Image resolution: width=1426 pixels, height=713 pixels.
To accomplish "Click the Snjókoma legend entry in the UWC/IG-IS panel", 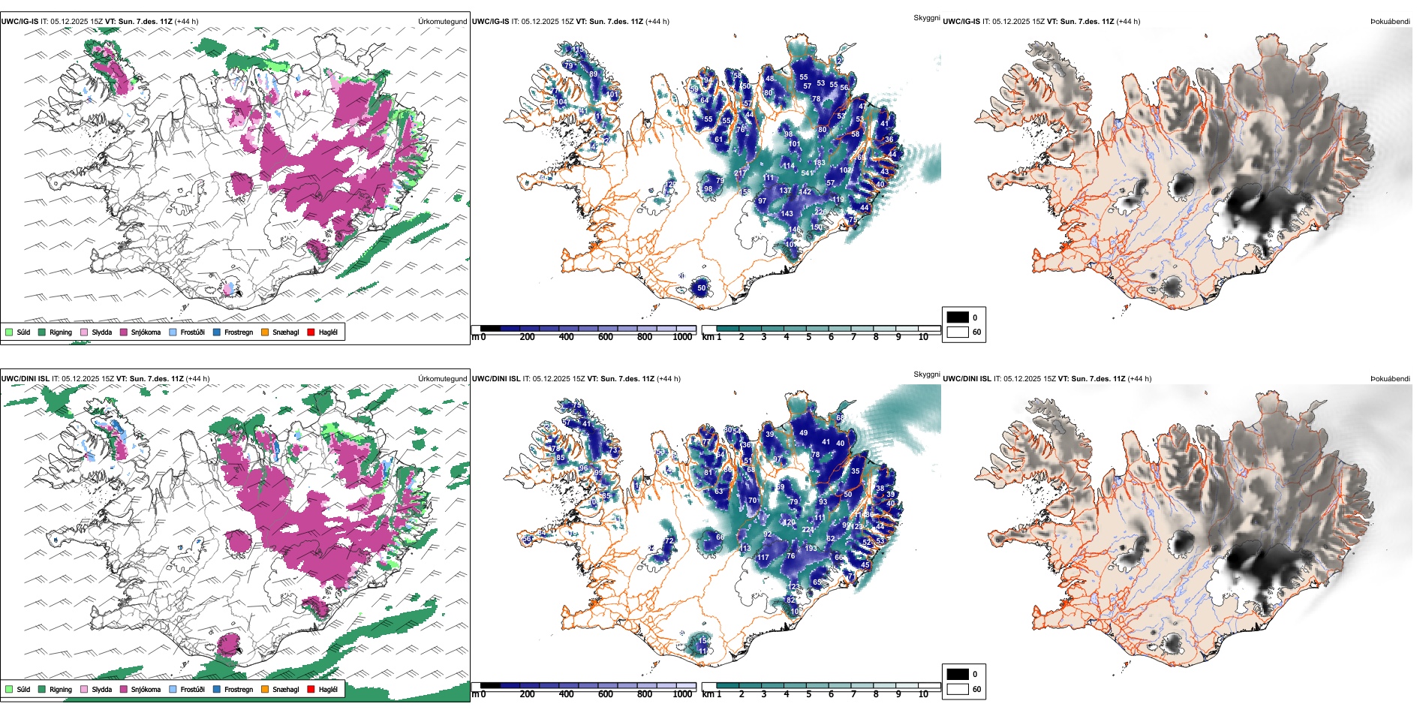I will point(146,332).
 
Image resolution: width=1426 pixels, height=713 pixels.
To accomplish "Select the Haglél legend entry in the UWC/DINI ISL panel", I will point(328,689).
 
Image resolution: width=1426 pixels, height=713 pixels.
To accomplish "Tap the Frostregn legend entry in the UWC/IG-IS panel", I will point(239,332).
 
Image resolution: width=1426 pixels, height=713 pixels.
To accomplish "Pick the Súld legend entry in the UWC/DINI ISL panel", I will point(23,689).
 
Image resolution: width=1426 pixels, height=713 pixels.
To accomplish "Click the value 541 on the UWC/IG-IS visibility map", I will point(808,173).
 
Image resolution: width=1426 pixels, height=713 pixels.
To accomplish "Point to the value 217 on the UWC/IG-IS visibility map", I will point(740,173).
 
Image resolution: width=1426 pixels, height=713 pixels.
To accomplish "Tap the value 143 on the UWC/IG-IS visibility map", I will point(787,214).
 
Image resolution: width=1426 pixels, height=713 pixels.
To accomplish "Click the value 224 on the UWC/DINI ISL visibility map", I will point(808,530).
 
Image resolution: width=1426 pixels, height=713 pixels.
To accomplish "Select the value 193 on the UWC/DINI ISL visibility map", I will point(811,549).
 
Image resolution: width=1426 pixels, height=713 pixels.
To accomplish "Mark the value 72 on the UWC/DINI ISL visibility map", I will point(669,540).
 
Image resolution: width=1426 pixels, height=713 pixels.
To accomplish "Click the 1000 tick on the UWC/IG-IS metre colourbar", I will point(682,337).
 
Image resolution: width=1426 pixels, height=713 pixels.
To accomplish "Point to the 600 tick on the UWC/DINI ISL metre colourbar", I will point(606,694).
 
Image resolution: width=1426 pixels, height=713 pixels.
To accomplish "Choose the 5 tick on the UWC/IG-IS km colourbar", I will point(808,337).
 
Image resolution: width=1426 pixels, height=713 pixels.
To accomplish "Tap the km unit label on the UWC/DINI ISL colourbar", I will point(708,694).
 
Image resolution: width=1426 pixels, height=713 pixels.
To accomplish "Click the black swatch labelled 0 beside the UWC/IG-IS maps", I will point(958,317).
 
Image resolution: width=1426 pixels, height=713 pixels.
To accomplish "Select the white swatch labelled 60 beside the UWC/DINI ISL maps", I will point(958,689).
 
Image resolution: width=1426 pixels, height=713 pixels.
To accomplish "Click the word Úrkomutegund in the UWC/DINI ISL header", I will point(442,379).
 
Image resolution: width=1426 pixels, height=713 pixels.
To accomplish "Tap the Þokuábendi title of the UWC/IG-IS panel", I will point(1390,22).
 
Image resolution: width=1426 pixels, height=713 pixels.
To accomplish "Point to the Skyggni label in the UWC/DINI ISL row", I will point(926,374).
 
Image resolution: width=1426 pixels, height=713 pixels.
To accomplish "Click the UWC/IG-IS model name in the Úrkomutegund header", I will point(20,22).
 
